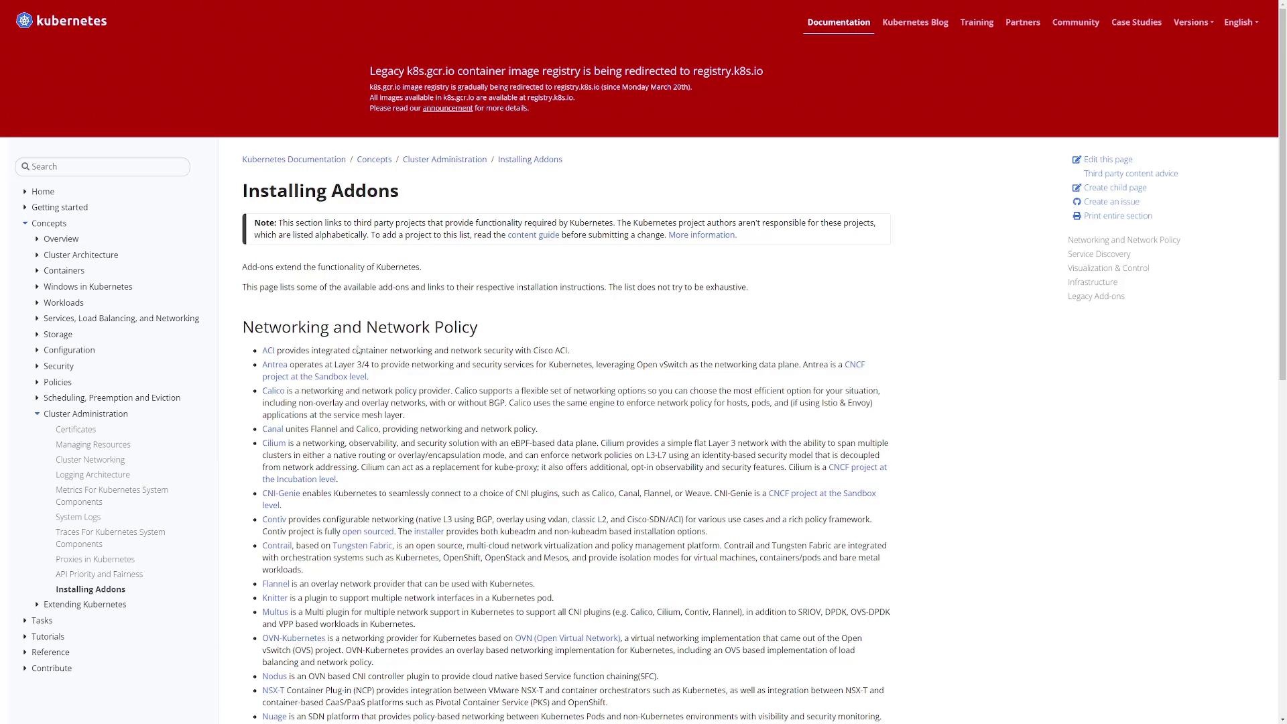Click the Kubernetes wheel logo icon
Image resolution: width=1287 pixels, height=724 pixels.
tap(24, 21)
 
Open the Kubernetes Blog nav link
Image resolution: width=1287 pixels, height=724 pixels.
tap(915, 22)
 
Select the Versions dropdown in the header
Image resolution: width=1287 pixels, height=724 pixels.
tap(1193, 22)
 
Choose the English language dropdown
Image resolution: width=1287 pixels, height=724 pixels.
tap(1241, 22)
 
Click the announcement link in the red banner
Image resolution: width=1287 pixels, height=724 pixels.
tap(447, 108)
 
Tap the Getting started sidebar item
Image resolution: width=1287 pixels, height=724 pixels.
tap(60, 207)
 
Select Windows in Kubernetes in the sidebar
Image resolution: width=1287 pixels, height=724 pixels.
tap(88, 286)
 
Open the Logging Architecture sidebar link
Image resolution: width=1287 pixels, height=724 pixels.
tap(93, 475)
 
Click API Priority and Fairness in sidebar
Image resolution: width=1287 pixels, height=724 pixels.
tap(99, 574)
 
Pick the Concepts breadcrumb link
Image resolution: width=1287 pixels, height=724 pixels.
tap(374, 160)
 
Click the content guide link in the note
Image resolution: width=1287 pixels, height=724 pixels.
tap(533, 235)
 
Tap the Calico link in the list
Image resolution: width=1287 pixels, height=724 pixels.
tap(273, 391)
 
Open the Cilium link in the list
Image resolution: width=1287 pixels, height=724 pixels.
tap(273, 443)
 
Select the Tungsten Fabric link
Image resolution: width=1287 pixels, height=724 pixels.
tap(362, 546)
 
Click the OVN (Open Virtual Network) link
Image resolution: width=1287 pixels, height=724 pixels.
tap(567, 638)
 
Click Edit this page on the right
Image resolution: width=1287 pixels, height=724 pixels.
tap(1107, 160)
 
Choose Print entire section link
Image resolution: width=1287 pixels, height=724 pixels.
tap(1117, 216)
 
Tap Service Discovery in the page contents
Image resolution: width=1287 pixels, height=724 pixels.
tap(1099, 254)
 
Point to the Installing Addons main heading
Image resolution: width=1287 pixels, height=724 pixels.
tap(320, 191)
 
